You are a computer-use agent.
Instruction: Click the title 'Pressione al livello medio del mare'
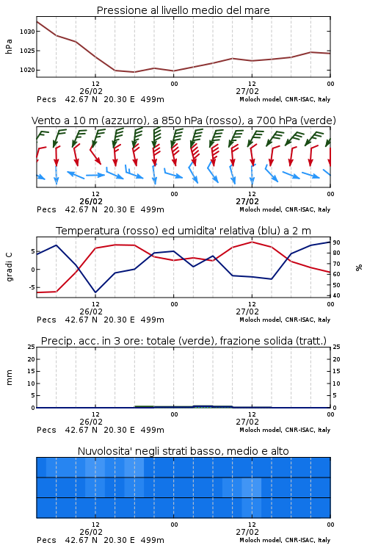point(183,10)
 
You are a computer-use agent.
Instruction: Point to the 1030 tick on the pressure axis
point(27,32)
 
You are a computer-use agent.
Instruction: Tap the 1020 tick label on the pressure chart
point(27,70)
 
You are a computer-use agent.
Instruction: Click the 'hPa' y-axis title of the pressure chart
point(9,46)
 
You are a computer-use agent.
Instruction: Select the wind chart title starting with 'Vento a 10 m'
point(183,120)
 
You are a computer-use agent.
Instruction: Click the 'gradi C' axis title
point(9,267)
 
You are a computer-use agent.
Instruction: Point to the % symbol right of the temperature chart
point(359,267)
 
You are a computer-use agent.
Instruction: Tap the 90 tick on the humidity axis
point(336,242)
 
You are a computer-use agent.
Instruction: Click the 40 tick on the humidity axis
point(336,295)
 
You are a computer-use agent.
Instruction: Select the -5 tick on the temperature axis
point(32,287)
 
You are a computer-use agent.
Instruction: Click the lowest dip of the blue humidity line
point(95,292)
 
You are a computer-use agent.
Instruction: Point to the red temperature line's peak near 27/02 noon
point(252,242)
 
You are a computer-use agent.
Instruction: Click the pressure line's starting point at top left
point(37,22)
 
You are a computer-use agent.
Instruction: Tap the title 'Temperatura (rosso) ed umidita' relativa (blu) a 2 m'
point(183,231)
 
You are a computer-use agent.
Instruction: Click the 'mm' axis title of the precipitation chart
point(9,378)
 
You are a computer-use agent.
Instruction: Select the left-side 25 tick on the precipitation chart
point(32,347)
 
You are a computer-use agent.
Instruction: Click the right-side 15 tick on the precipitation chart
point(336,371)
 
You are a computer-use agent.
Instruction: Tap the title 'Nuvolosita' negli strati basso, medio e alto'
point(183,451)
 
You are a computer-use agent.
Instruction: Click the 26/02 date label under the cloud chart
point(91,532)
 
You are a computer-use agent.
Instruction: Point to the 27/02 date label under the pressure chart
point(247,91)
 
